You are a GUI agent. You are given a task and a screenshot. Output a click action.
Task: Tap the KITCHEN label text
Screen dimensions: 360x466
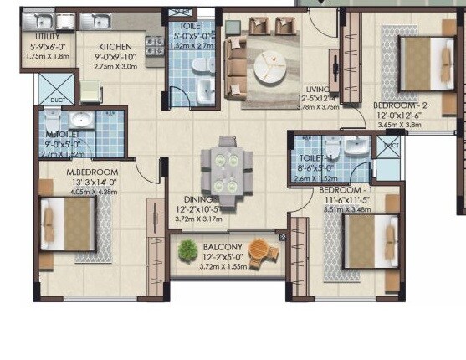[x=115, y=48]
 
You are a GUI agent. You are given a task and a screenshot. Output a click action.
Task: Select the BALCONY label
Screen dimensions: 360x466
[x=222, y=247]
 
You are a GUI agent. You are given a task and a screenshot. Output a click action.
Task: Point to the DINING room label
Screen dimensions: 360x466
[x=199, y=199]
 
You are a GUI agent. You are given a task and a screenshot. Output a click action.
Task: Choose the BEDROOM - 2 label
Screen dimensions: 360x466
[x=400, y=105]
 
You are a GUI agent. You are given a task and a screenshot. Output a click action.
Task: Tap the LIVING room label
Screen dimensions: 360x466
[x=316, y=89]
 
